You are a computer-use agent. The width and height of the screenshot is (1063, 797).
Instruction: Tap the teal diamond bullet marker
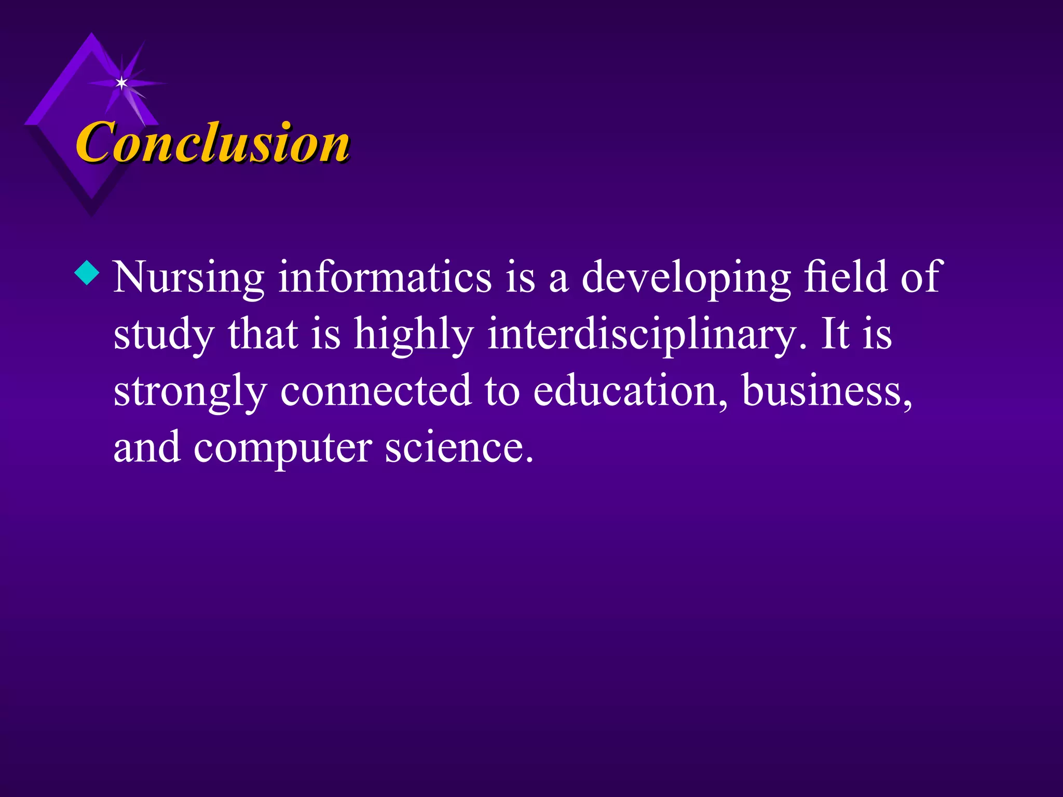point(87,272)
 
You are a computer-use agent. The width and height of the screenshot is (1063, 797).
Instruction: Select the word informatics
point(385,278)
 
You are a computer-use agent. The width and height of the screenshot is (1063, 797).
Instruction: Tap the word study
point(163,335)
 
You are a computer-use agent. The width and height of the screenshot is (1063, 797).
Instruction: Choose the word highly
point(414,335)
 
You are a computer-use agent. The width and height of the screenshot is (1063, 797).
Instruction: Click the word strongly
point(190,392)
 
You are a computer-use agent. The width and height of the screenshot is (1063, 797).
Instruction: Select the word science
point(459,448)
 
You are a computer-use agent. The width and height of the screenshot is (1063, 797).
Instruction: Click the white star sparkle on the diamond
point(121,83)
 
